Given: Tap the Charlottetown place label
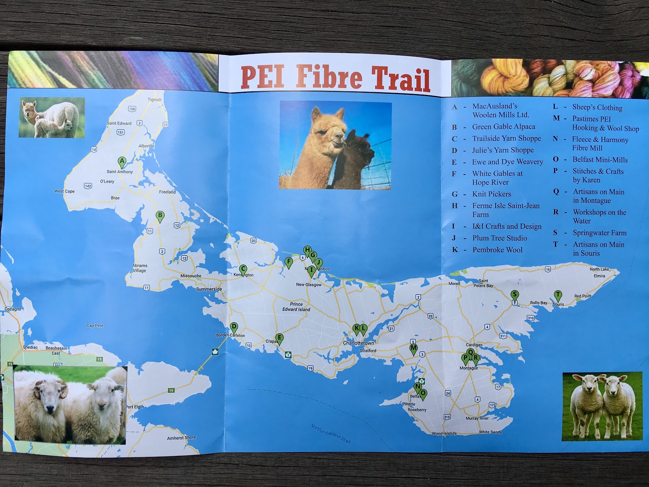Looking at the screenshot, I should pyautogui.click(x=359, y=343).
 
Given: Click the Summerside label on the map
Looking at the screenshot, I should pyautogui.click(x=209, y=289).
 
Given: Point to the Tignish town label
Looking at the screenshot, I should pyautogui.click(x=155, y=99).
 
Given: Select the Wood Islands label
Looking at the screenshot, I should pyautogui.click(x=444, y=433).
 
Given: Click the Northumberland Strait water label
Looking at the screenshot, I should pyautogui.click(x=331, y=433).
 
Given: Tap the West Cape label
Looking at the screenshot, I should pyautogui.click(x=64, y=191).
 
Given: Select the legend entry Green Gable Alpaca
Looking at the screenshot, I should pyautogui.click(x=503, y=127).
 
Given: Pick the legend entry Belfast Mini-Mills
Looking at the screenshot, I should pyautogui.click(x=600, y=159).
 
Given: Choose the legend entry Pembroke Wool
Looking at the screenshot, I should pyautogui.click(x=497, y=250).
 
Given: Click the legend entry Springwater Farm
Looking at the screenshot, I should pyautogui.click(x=600, y=233).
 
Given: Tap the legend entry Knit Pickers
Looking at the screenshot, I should pyautogui.click(x=492, y=194).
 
